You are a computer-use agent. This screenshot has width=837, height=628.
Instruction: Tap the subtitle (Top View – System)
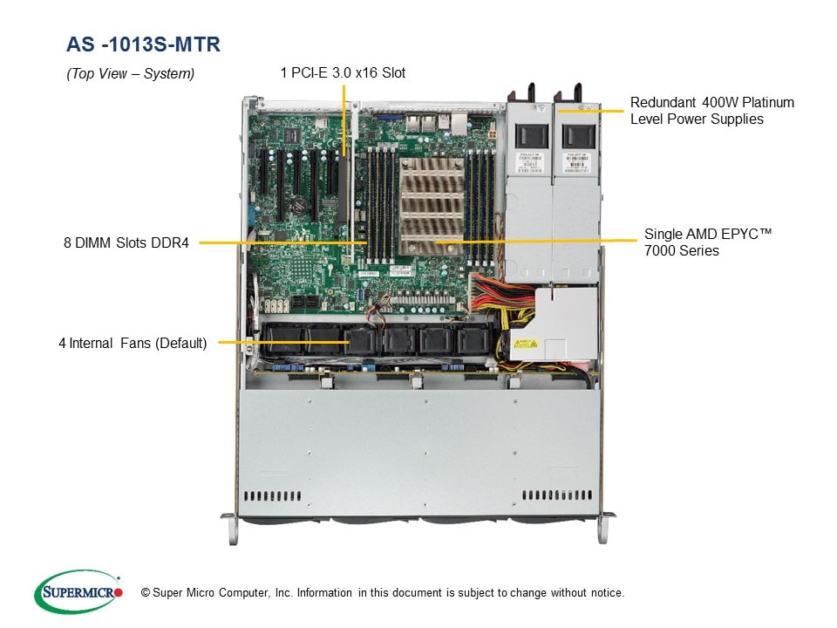point(131,74)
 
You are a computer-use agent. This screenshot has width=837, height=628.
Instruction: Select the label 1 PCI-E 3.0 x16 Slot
point(343,73)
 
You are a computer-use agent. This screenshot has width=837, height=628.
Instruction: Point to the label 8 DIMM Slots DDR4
point(126,243)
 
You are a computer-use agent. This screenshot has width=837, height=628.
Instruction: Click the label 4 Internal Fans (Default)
point(133,343)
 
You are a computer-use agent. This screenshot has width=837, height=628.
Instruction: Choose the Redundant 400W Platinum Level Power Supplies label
point(711,111)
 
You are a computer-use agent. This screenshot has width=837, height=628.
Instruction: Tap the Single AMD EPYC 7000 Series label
point(709,242)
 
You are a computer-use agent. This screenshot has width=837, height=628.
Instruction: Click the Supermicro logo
point(78,592)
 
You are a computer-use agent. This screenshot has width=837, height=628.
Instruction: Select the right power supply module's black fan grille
point(576,137)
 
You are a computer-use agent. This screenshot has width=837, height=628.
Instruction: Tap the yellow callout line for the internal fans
point(282,342)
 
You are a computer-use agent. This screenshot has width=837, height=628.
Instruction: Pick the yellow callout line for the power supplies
point(592,110)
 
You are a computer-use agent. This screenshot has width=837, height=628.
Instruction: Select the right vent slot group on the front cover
point(556,495)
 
